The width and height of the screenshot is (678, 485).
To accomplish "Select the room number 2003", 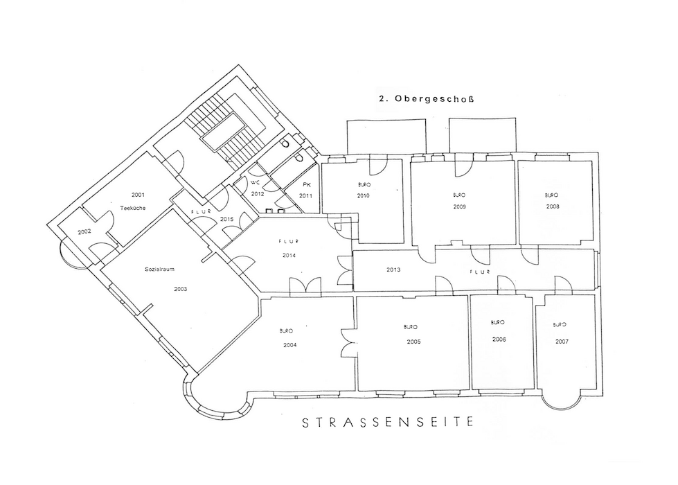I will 180,289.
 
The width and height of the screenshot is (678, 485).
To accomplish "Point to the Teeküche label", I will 132,208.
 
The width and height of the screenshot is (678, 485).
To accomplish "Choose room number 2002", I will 84,231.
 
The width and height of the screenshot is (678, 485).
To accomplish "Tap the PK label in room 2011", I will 305,186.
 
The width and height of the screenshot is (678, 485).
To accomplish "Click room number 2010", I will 364,196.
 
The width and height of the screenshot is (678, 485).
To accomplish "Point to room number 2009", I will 459,206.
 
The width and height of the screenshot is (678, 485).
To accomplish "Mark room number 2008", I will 552,206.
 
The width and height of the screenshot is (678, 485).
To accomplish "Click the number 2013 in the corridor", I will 393,270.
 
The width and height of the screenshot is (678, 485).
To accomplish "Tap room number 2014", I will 289,256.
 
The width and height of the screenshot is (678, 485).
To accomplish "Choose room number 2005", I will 413,342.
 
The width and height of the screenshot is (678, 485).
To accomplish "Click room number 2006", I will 499,339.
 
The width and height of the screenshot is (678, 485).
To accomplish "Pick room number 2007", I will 562,342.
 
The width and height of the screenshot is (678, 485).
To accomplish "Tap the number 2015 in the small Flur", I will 226,219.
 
